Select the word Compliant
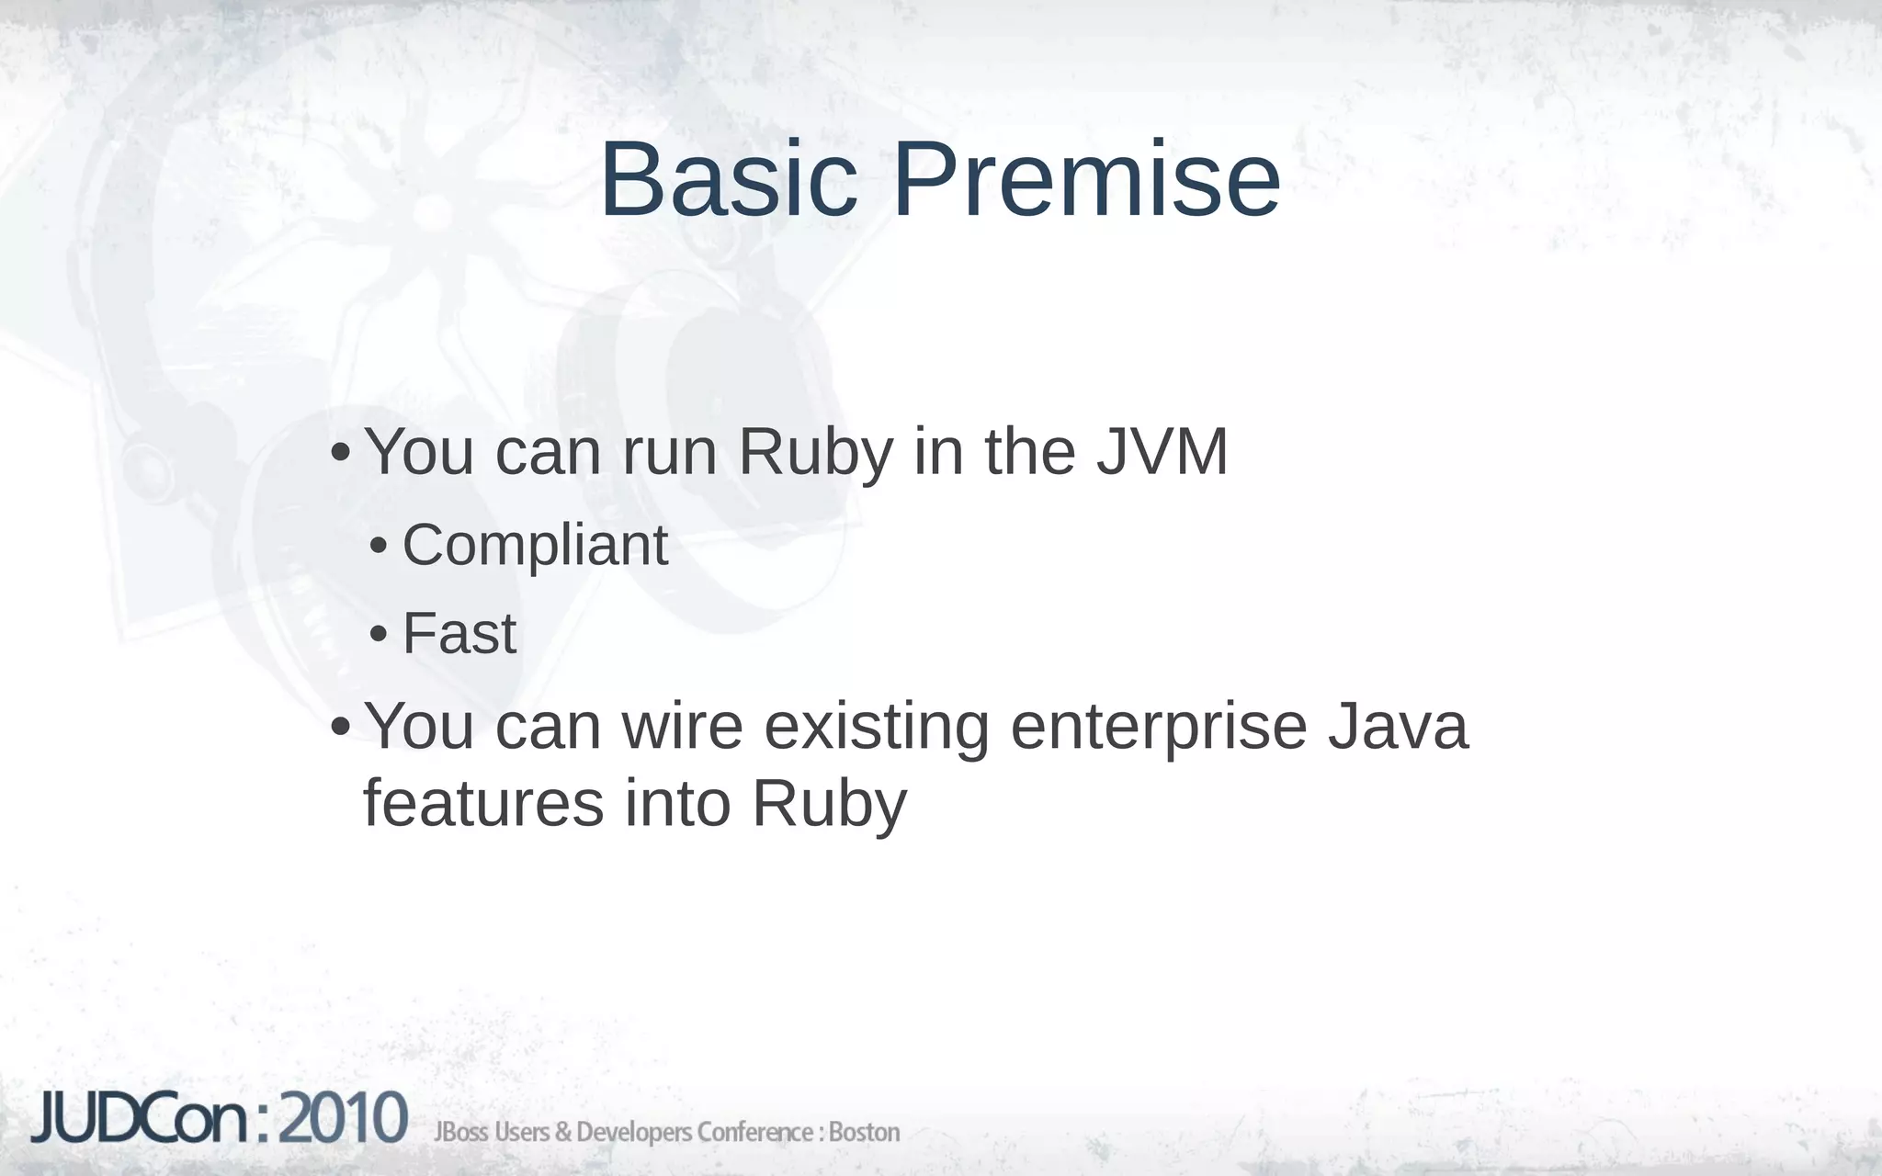pos(535,546)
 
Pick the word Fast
pos(459,634)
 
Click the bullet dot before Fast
pos(378,636)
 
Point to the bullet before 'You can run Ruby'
pos(340,454)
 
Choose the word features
pos(483,803)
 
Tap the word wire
pos(682,726)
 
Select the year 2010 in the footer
pos(342,1120)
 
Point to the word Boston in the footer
pos(863,1133)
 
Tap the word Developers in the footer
pos(634,1133)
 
